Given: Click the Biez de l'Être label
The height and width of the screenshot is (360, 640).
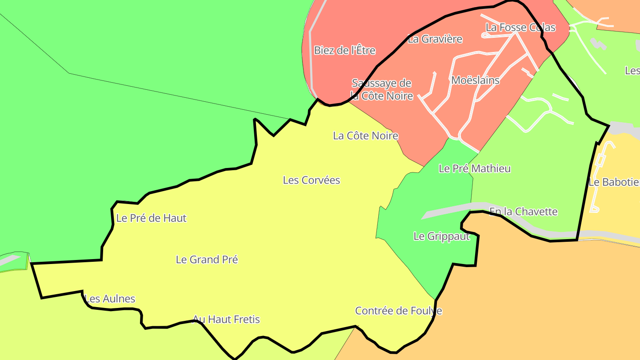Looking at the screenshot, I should (344, 50).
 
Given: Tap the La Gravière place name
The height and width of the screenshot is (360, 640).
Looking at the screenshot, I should (435, 39).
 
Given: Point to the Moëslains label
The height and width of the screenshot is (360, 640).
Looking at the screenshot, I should (475, 80).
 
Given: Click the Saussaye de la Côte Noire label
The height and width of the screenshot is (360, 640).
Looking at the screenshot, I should (382, 89).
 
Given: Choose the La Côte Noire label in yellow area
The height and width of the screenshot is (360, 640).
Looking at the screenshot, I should (365, 136).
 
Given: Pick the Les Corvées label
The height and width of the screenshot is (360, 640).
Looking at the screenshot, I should (312, 180).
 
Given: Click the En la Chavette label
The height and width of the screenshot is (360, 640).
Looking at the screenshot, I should (523, 212).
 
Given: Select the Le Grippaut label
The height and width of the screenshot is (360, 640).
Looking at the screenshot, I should (441, 236).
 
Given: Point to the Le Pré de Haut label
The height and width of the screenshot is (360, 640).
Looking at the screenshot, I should (151, 218).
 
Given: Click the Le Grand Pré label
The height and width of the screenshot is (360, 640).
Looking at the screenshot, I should (207, 260).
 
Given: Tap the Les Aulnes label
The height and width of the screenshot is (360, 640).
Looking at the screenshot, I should (110, 299).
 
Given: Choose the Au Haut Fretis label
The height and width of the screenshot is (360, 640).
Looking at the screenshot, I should (226, 319).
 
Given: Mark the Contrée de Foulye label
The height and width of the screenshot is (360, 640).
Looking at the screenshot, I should (399, 311).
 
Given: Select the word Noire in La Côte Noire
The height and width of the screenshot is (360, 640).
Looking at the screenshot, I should (384, 136).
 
